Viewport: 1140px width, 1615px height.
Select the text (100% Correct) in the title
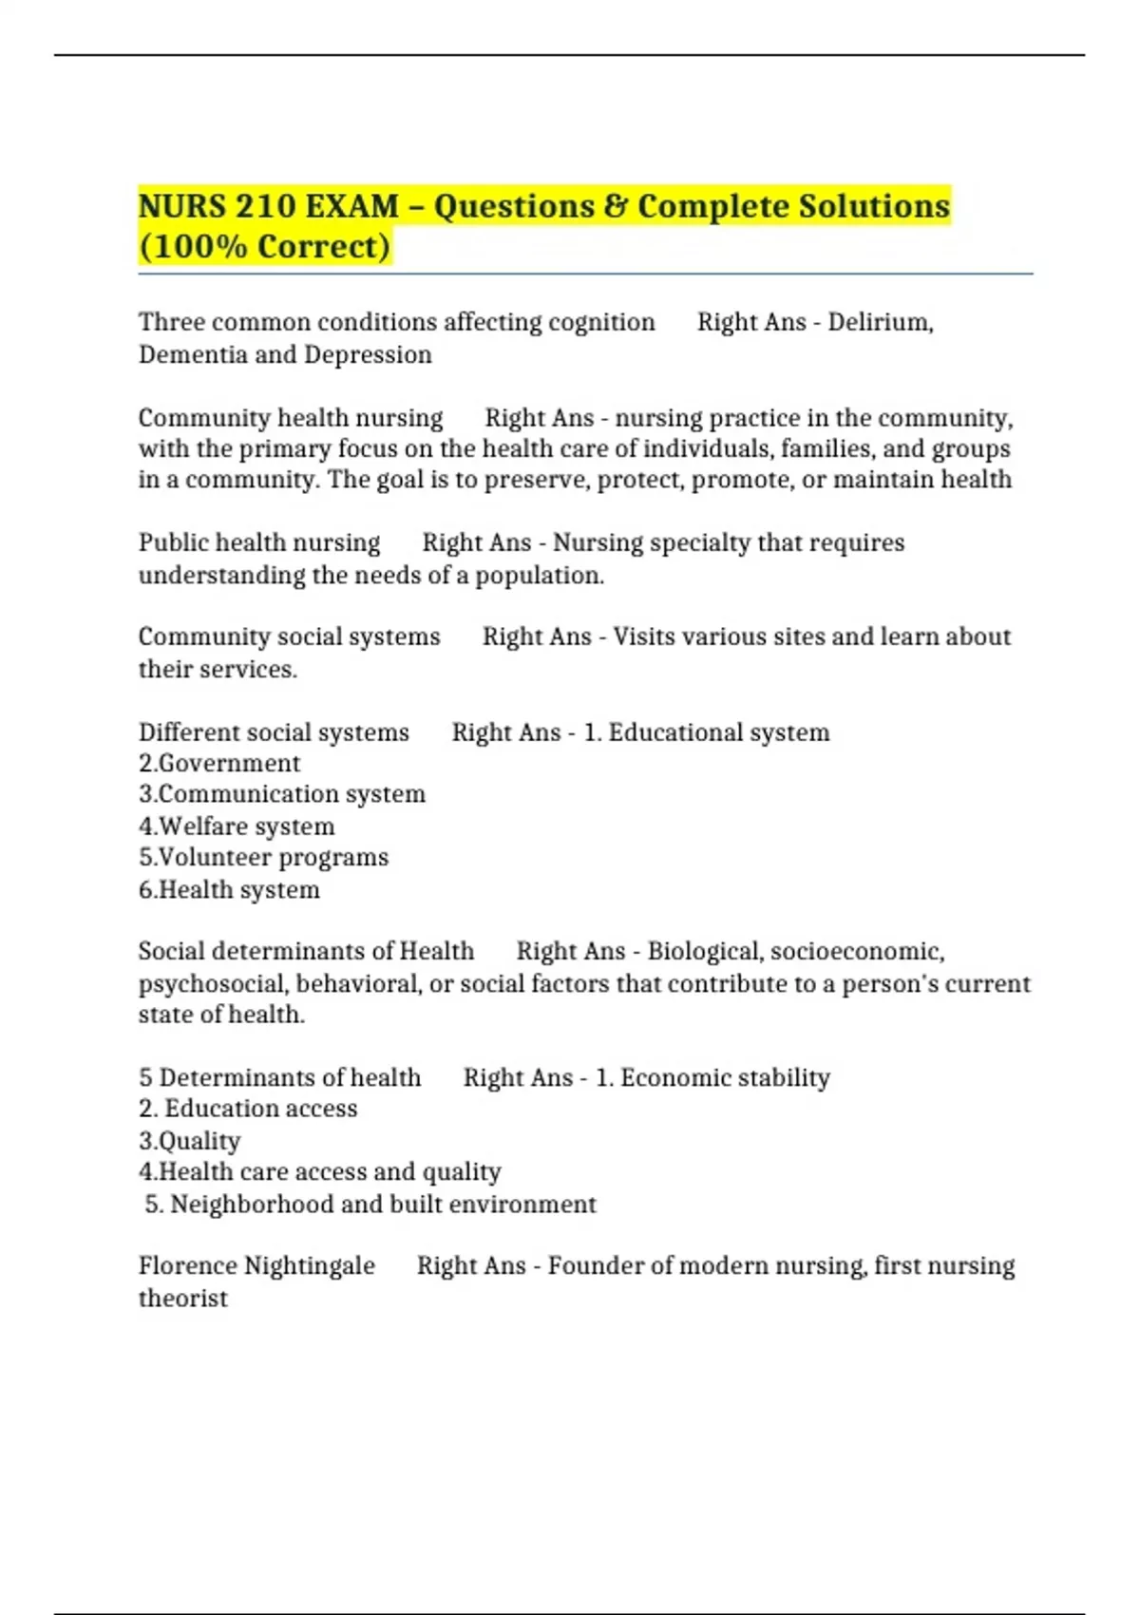tap(265, 247)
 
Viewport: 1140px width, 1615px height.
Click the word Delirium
tap(880, 322)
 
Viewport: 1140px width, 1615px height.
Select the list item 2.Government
tap(219, 763)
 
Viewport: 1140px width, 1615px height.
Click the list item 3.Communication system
tap(282, 794)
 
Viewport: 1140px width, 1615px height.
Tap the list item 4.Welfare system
tap(237, 826)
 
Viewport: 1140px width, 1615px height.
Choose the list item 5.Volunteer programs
tap(263, 858)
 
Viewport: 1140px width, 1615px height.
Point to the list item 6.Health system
tap(229, 890)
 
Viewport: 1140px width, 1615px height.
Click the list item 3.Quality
tap(189, 1141)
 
